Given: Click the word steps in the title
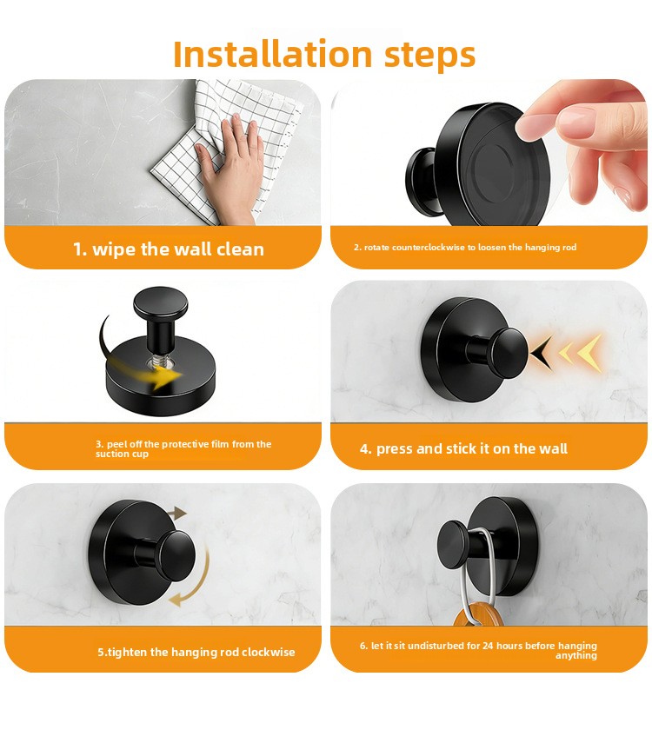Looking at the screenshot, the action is pos(430,56).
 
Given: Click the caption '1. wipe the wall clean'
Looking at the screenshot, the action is pos(169,249).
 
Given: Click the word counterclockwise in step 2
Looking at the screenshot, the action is pos(429,248).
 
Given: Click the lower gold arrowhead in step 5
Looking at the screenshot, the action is pos(176,600).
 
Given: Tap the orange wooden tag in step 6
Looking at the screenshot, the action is pos(477,614).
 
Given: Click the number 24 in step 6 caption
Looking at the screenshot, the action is pos(488,646).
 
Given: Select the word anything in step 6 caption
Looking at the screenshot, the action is pos(576,656).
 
